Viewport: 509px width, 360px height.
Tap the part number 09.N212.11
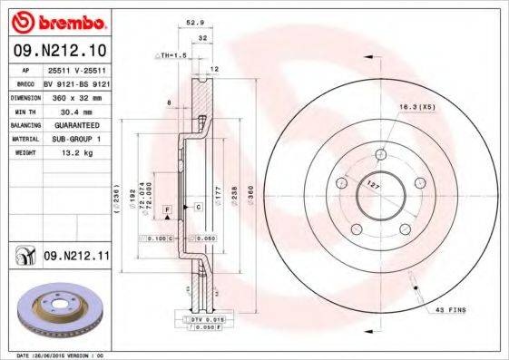77,257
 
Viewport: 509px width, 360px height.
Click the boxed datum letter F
167,210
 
